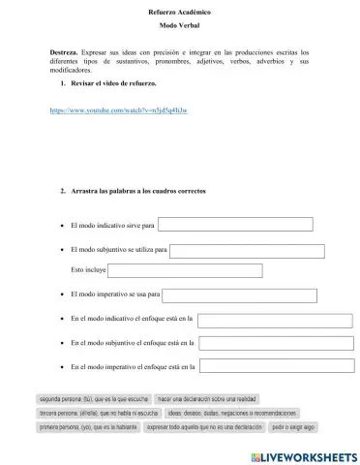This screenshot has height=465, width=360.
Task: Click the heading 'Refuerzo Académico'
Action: [x=180, y=11]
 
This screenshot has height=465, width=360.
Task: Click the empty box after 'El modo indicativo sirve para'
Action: [x=235, y=225]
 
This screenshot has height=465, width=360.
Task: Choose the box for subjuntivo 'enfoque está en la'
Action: [x=276, y=343]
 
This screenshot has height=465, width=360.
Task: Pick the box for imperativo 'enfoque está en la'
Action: [x=276, y=367]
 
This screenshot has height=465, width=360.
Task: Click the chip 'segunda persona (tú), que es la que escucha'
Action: [x=93, y=398]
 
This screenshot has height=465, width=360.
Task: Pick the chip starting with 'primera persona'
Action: [x=87, y=425]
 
